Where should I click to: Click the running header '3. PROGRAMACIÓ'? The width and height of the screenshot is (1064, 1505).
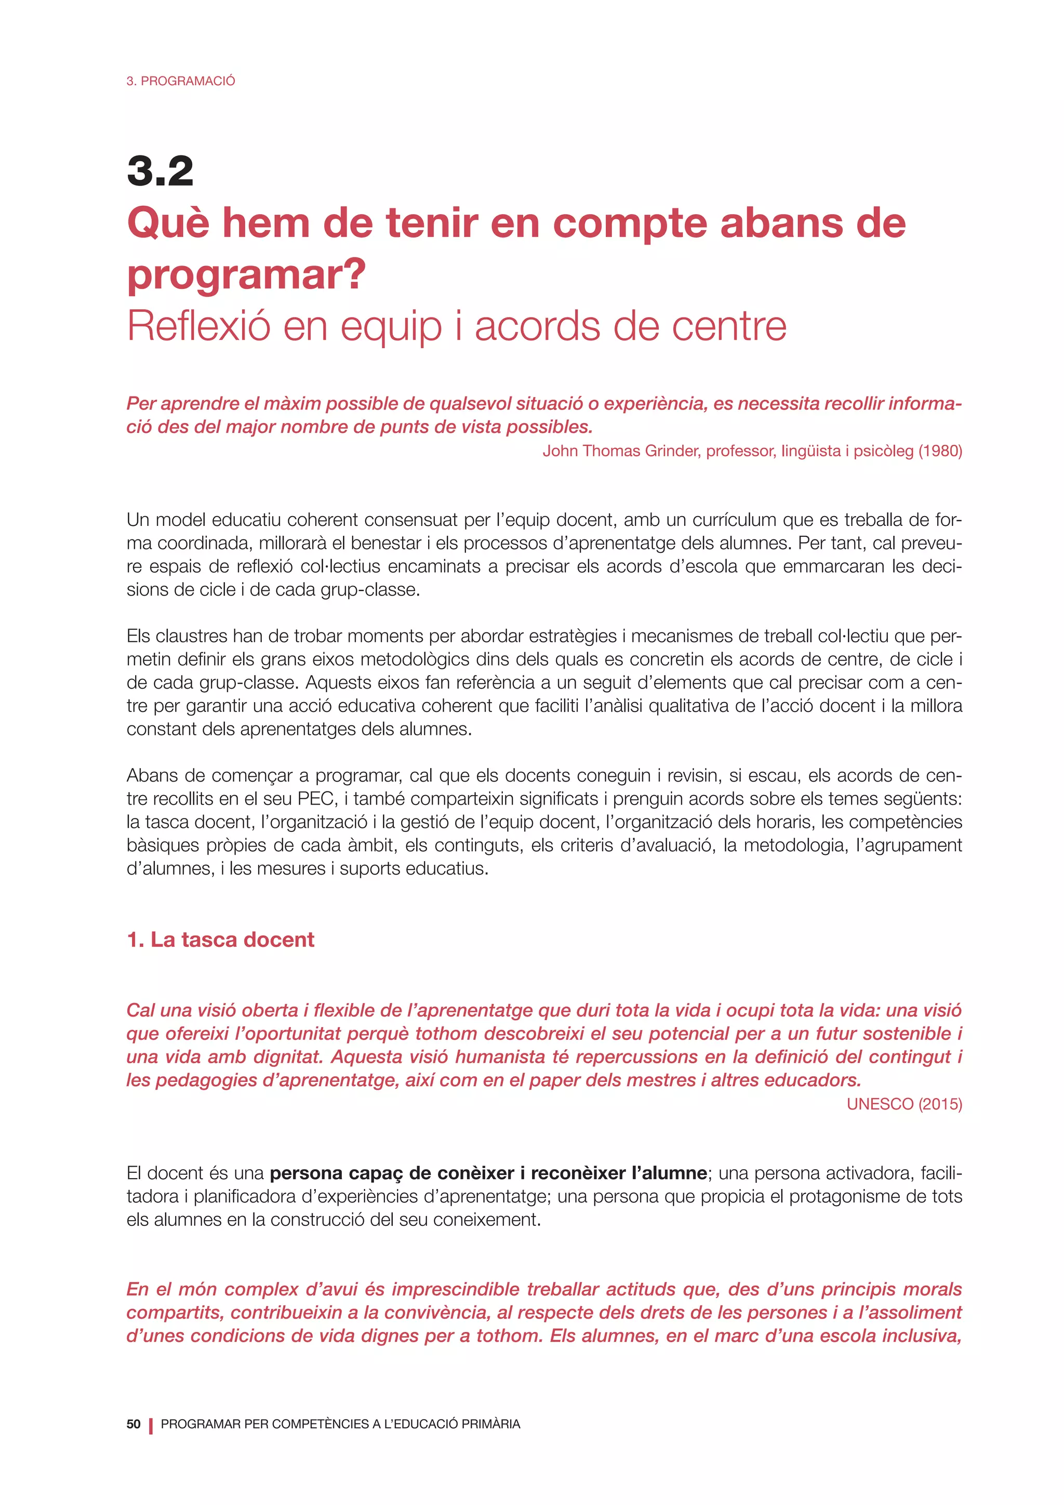(x=180, y=81)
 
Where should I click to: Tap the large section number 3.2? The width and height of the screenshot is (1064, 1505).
(x=160, y=171)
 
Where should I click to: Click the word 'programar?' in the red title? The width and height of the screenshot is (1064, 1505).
(x=246, y=275)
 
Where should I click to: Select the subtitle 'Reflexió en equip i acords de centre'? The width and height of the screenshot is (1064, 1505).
(x=457, y=326)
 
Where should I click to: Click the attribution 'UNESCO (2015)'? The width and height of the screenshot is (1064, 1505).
(x=904, y=1104)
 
